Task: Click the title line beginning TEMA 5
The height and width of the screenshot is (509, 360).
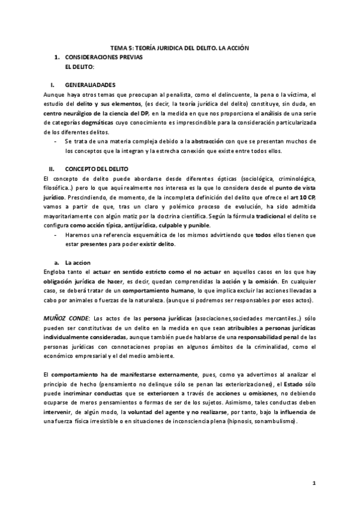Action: (180, 47)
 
